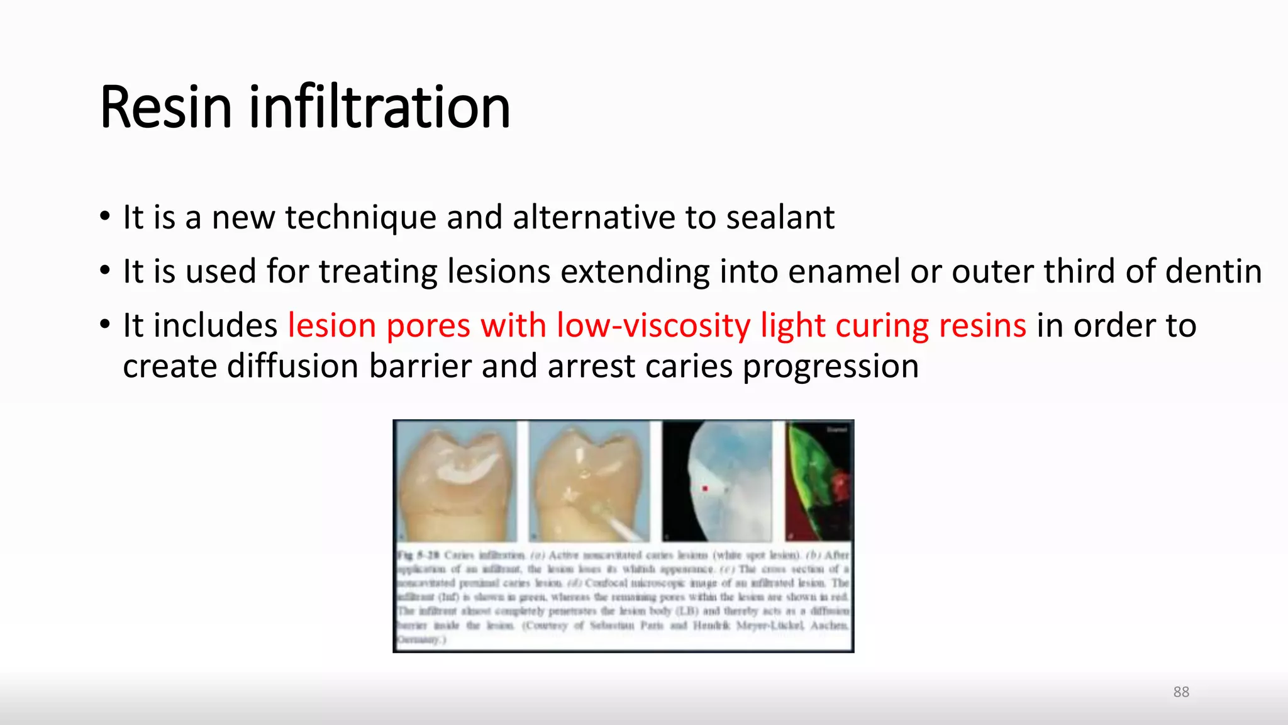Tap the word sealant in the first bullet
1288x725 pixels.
[x=780, y=218]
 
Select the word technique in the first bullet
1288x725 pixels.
[x=361, y=218]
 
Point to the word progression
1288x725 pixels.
[x=831, y=368]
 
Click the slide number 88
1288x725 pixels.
[x=1181, y=692]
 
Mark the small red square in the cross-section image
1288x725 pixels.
[x=705, y=488]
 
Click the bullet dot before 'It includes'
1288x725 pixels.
[x=105, y=325]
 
